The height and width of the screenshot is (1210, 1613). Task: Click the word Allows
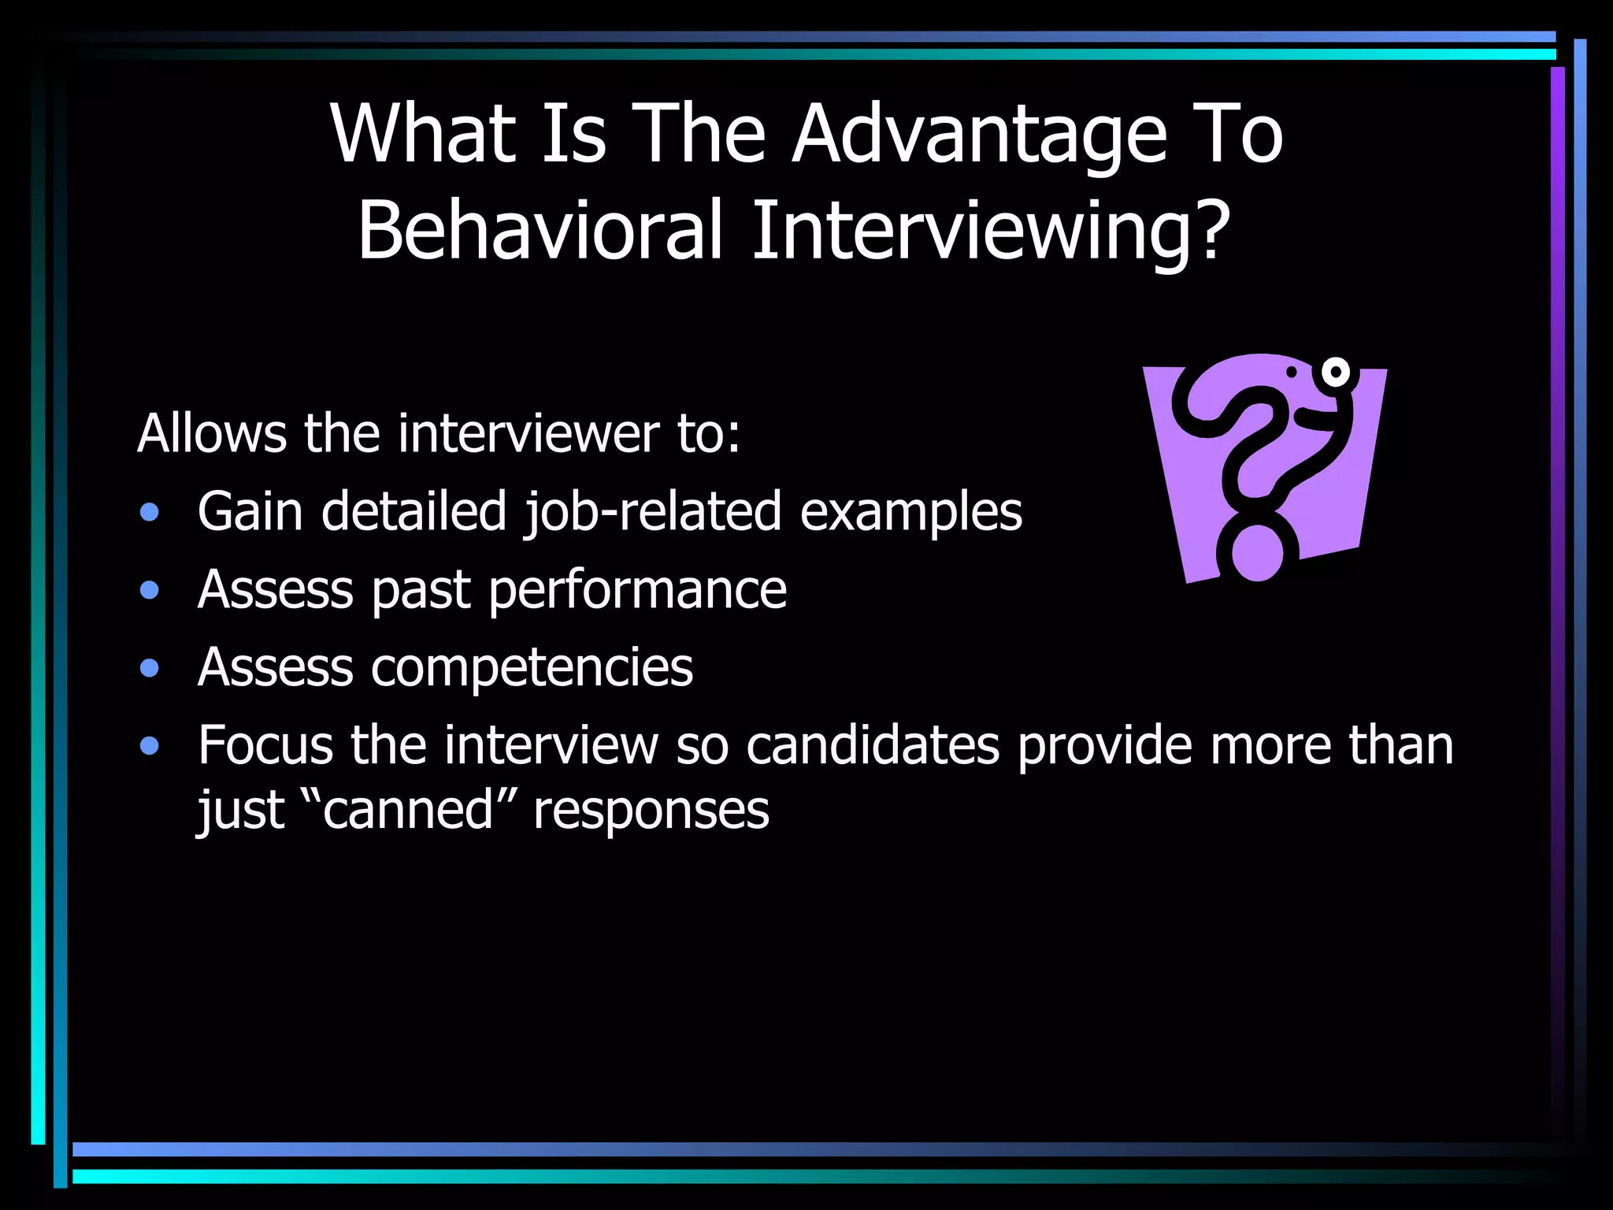coord(211,433)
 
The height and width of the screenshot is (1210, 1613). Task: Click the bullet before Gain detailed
coord(150,514)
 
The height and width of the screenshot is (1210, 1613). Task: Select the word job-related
coord(653,512)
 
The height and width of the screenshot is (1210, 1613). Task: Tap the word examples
coord(910,514)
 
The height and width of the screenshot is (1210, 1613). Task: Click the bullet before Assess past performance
coord(150,591)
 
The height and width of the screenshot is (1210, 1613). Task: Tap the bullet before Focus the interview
coord(150,746)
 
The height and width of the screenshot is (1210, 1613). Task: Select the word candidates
coord(872,745)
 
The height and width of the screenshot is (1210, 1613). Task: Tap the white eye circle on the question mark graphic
coord(1336,372)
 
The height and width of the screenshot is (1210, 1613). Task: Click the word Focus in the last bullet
coord(265,745)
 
